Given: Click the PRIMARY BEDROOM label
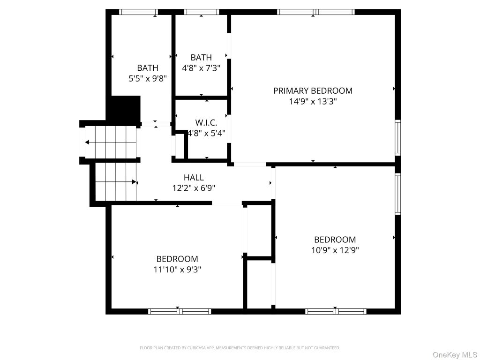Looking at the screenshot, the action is (x=313, y=90).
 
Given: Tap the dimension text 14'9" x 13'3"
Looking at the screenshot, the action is (x=313, y=101).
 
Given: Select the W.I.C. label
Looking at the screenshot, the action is (x=206, y=123).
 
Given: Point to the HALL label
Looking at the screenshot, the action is (x=194, y=177).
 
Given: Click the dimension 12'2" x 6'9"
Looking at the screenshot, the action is (x=194, y=188).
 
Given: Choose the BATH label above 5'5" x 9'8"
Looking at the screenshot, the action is (x=148, y=67).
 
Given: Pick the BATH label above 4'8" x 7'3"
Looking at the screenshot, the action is (x=201, y=57).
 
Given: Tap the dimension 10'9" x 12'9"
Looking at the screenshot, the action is (x=335, y=250).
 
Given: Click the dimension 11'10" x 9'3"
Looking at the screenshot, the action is (x=177, y=270).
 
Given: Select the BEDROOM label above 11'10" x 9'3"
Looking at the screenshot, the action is (x=177, y=259).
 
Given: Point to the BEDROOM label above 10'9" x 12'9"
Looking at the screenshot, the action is (x=335, y=240).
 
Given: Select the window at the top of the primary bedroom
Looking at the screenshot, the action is (x=316, y=12).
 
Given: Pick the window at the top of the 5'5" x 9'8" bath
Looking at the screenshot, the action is (x=138, y=12).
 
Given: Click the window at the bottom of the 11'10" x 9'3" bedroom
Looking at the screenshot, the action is (x=180, y=311).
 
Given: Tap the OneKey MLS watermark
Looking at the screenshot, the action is (x=455, y=355).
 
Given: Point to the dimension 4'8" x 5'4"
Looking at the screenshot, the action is (x=206, y=134).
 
